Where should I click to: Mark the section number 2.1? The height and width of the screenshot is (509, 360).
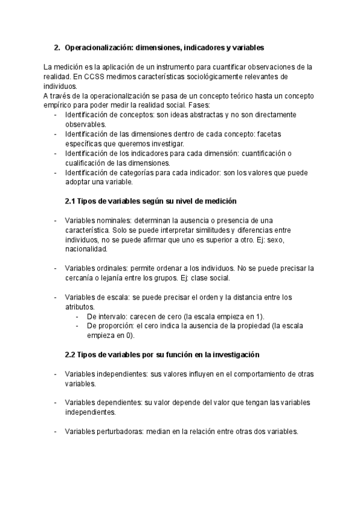[71, 201]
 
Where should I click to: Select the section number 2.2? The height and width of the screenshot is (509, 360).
[71, 355]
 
